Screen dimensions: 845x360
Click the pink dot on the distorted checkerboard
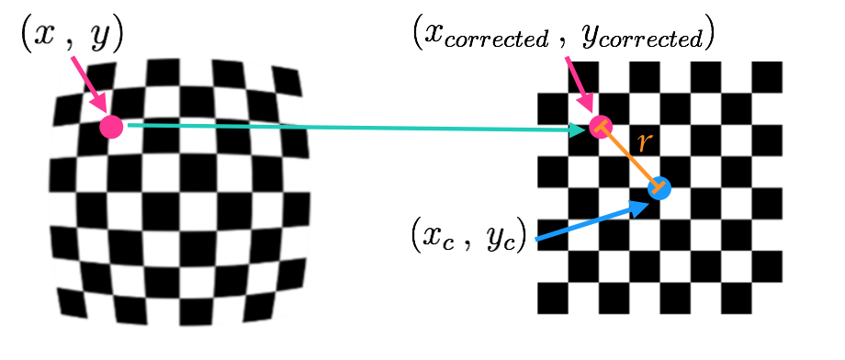pos(112,126)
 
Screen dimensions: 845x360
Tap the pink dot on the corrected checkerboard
pos(600,126)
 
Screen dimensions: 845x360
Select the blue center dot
pos(659,188)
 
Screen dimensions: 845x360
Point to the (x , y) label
pos(72,34)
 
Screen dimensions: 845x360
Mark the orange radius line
pos(629,157)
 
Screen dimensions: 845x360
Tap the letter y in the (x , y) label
pos(98,36)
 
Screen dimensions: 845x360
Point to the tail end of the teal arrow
pos(130,125)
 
